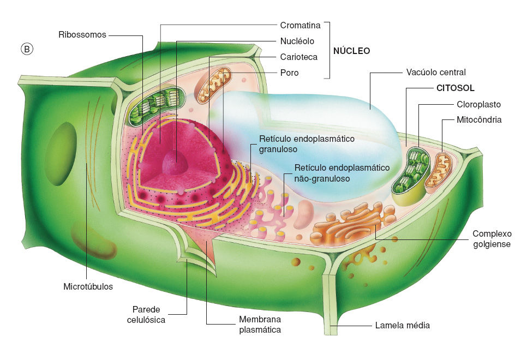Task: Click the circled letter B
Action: [x=27, y=49]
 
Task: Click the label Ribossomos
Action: [x=82, y=34]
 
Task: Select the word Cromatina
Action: [x=300, y=25]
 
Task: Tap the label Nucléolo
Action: [x=297, y=41]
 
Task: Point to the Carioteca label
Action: [x=299, y=57]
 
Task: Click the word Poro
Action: [x=289, y=73]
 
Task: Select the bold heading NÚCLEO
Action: [x=351, y=51]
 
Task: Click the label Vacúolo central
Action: [x=436, y=72]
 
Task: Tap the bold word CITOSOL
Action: [x=456, y=88]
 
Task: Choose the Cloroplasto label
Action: [x=478, y=104]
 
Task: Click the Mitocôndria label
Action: [x=479, y=119]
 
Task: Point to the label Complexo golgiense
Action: [x=492, y=239]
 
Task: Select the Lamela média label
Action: [x=402, y=325]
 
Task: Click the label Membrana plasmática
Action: [x=260, y=325]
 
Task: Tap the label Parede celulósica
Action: [x=146, y=314]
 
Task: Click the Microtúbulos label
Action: [x=88, y=286]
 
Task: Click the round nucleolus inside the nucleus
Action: [x=175, y=163]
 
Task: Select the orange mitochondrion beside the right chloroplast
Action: [x=438, y=170]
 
